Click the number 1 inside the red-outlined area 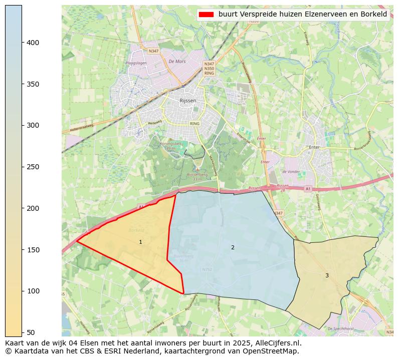click(140, 242)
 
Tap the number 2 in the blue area click(233, 248)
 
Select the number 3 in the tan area click(327, 275)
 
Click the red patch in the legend click(206, 15)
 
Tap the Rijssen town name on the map click(187, 101)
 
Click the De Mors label click(177, 62)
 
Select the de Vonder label click(291, 172)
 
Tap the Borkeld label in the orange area click(136, 230)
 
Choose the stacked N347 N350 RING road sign click(209, 69)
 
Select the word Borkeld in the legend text click(375, 15)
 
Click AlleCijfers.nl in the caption click(279, 343)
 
